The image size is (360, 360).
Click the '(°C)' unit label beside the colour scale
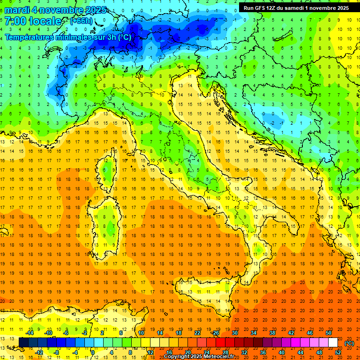point(349,343)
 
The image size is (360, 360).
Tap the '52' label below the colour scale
point(338,352)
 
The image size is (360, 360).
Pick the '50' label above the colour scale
point(329,332)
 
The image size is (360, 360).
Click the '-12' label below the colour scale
point(39,352)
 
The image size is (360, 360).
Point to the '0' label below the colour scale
point(92,352)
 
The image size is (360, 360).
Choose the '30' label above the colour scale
point(234,332)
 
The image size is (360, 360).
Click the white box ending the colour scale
point(333,342)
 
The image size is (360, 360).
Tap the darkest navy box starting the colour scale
point(23,342)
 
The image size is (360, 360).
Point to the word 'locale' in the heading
point(45,21)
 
